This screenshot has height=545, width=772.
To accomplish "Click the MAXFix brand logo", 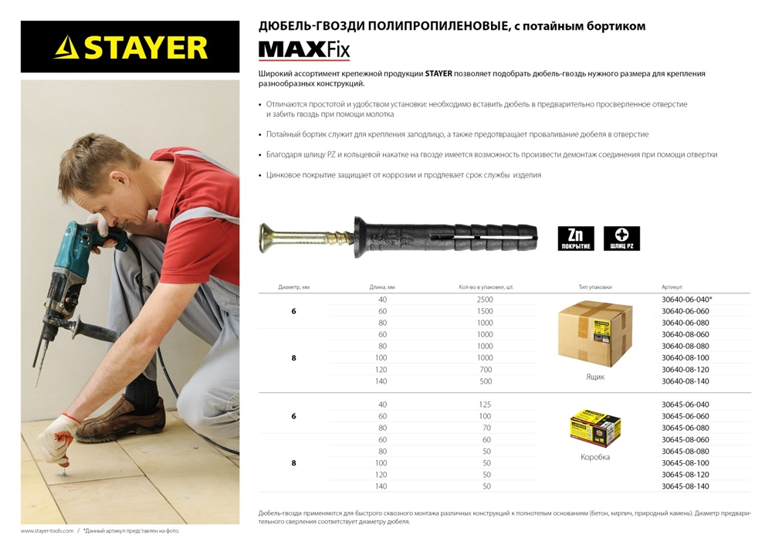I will click(303, 50).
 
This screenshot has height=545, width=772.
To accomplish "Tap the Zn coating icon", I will click(576, 238).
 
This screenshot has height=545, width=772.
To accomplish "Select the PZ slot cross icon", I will click(621, 238).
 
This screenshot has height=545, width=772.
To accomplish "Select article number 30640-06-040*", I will click(687, 300).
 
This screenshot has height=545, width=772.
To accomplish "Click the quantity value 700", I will click(485, 370).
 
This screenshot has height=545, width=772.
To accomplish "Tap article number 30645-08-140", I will click(686, 486).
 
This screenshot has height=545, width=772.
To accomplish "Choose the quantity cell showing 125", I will click(485, 405).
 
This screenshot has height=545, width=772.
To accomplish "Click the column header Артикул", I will click(672, 286).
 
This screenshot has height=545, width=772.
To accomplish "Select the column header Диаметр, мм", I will click(293, 286).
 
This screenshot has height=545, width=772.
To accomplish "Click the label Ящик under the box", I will click(594, 377).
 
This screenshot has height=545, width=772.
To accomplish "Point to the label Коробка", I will click(594, 457).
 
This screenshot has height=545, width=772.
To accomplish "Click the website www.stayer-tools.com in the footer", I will click(47, 531).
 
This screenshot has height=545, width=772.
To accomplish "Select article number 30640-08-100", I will click(686, 358).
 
